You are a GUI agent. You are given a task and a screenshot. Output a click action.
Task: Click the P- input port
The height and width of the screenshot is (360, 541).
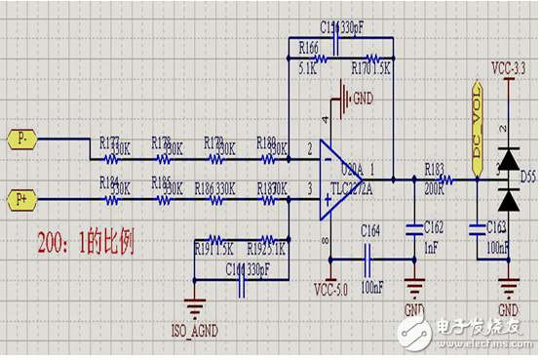click(22, 140)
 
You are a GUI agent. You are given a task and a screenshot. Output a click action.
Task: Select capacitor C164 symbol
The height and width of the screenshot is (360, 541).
click(369, 260)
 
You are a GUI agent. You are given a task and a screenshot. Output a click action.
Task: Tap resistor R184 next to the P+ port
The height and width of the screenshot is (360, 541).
click(112, 200)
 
